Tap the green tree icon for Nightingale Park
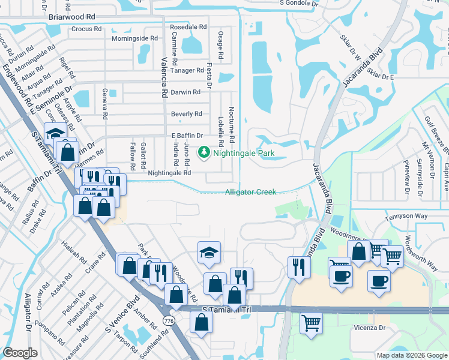tap(204, 153)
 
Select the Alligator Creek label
tap(250, 192)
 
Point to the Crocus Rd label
tap(89, 28)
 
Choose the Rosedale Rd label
tap(188, 27)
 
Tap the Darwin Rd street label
tap(185, 92)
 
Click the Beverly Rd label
tap(186, 113)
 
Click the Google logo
tap(20, 353)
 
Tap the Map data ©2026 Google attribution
tap(411, 355)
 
